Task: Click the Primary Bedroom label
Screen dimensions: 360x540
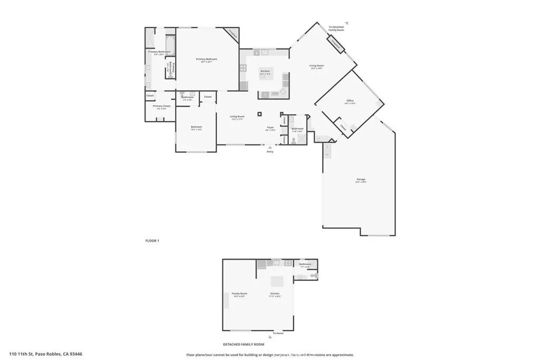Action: pyautogui.click(x=206, y=59)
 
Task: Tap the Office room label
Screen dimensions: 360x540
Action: pyautogui.click(x=350, y=101)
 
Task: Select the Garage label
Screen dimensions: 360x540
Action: pyautogui.click(x=361, y=180)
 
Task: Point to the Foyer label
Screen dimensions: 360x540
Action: pyautogui.click(x=270, y=127)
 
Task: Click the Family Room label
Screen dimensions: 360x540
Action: pyautogui.click(x=239, y=294)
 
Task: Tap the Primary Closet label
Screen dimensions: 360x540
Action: pyautogui.click(x=162, y=106)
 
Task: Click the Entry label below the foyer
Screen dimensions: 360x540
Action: pyautogui.click(x=270, y=152)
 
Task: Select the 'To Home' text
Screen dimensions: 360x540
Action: pyautogui.click(x=278, y=333)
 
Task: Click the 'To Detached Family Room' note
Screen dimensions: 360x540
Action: pyautogui.click(x=336, y=28)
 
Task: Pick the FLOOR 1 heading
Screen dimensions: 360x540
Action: pyautogui.click(x=152, y=240)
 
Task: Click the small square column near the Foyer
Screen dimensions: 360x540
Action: pyautogui.click(x=259, y=113)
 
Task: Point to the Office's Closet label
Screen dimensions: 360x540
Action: pyautogui.click(x=343, y=127)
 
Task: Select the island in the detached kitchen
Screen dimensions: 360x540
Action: pyautogui.click(x=277, y=280)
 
